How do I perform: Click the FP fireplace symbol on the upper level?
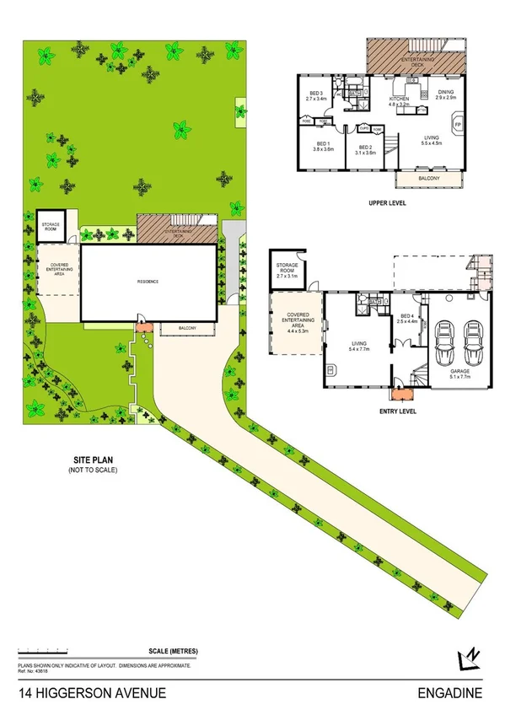pos(458,126)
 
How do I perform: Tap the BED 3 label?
pos(316,92)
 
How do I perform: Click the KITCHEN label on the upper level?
pos(398,99)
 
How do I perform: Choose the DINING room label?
pos(445,93)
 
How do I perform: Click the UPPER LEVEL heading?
pos(389,204)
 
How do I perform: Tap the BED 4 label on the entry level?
pos(408,318)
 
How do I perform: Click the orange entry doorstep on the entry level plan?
pos(396,392)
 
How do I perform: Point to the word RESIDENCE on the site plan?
pos(148,282)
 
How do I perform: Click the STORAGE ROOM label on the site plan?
pos(50,225)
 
